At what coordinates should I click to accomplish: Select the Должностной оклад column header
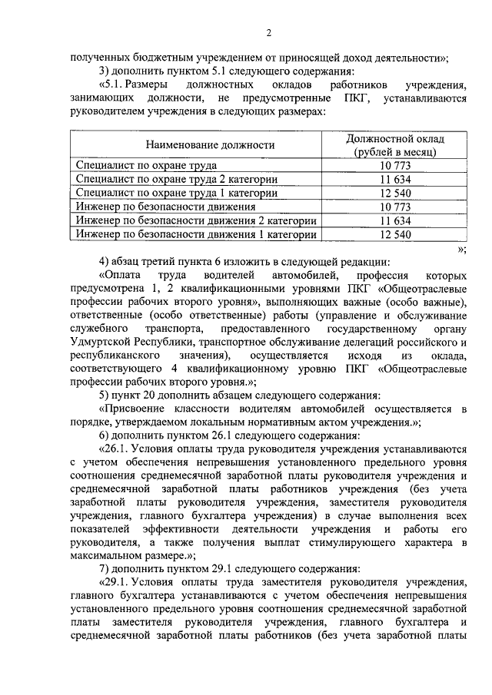395,144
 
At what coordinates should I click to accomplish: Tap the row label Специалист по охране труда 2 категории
177,179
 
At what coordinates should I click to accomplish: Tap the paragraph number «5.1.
115,84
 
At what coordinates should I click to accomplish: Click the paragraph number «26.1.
118,449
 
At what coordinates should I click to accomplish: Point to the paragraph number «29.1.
118,583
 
